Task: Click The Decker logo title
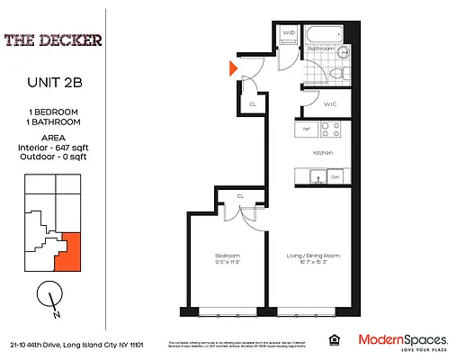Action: coord(51,40)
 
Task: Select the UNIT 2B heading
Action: coord(52,84)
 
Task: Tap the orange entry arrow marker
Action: coord(233,67)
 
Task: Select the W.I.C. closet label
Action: coord(329,104)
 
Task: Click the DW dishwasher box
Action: coord(336,176)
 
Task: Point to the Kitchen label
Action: coord(323,153)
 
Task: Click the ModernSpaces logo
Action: coord(403,340)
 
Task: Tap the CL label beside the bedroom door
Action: coord(241,196)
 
